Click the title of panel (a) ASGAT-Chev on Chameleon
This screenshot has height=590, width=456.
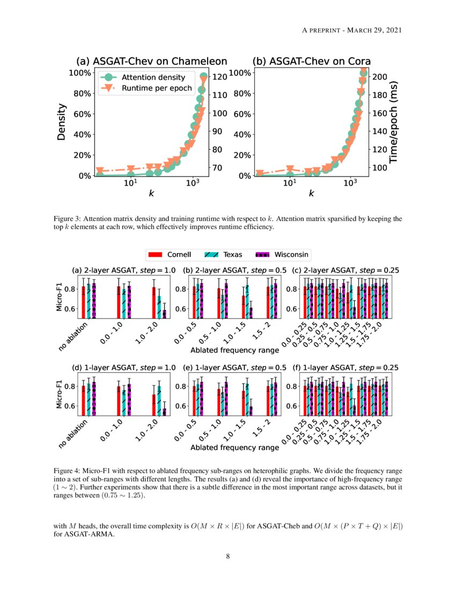(151, 61)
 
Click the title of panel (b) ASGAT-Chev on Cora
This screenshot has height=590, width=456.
(312, 61)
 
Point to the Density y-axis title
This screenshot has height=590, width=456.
(61, 122)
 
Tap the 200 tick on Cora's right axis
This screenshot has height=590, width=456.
(380, 77)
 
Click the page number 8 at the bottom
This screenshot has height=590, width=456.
(228, 556)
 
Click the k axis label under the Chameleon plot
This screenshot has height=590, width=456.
(151, 193)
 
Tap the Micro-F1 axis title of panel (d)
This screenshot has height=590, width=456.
(60, 395)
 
